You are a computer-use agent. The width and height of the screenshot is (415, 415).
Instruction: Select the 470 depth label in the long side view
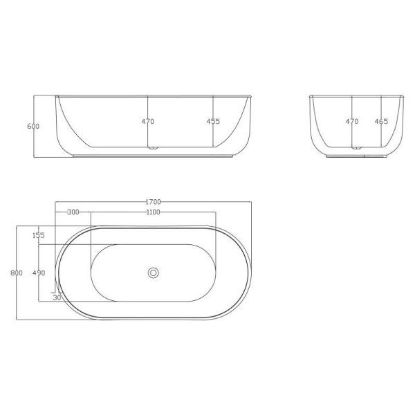(x=147, y=122)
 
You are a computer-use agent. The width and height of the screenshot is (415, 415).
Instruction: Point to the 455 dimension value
(x=213, y=122)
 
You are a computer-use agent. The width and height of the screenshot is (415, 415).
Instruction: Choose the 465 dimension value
(x=381, y=122)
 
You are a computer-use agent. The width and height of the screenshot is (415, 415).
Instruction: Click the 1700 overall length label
(x=154, y=202)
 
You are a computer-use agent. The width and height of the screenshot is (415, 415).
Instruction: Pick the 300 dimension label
(x=73, y=212)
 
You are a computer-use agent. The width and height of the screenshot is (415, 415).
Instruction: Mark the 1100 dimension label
(x=154, y=212)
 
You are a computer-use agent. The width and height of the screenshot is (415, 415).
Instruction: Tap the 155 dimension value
(x=38, y=236)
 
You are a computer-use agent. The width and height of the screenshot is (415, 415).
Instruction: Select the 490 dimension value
(x=38, y=273)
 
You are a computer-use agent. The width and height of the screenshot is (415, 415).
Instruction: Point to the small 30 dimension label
(x=58, y=297)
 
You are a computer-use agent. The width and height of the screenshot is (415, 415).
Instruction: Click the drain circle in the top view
(x=153, y=273)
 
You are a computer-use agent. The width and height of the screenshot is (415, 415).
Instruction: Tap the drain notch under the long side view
(x=154, y=147)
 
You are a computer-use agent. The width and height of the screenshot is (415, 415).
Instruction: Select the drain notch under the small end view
(x=357, y=147)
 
